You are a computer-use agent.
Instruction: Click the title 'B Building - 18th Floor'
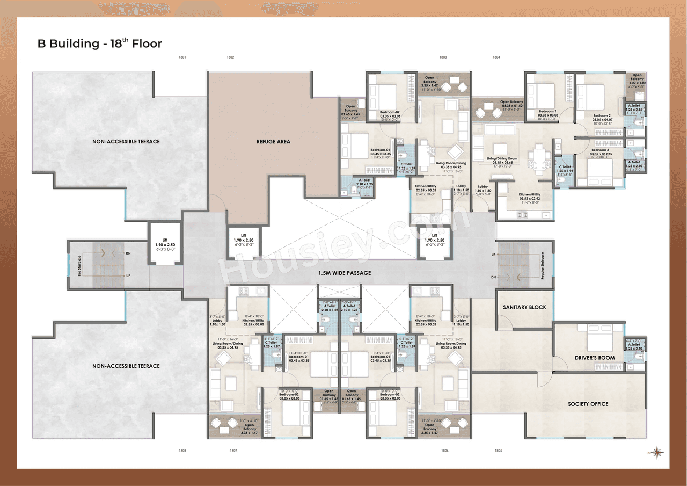coord(99,43)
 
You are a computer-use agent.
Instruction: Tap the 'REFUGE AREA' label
coord(273,141)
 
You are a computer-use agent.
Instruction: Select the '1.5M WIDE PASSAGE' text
coord(344,273)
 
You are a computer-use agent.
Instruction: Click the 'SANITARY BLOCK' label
coord(524,307)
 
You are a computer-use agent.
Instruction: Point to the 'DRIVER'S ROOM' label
coord(595,358)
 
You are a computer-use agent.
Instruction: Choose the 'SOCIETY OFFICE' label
coord(588,404)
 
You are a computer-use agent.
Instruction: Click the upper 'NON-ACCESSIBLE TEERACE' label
coord(126,142)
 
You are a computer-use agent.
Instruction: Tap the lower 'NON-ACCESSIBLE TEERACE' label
coord(126,366)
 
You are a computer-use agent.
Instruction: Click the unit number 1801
coord(183,57)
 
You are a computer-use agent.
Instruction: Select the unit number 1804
coord(496,57)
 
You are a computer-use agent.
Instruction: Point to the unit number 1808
coord(183,451)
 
